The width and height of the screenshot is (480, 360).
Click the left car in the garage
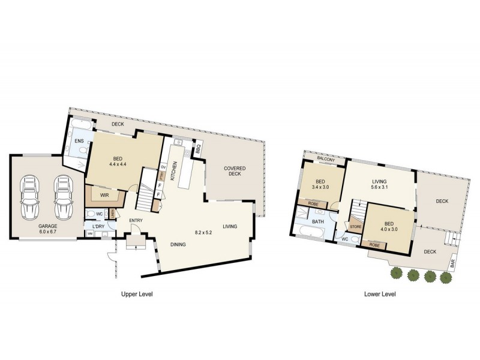[29, 198]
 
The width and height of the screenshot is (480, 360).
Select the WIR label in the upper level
[103, 196]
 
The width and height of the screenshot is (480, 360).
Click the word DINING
[177, 244]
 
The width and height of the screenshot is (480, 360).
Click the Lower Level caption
[380, 295]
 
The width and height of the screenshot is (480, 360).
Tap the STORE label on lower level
[356, 227]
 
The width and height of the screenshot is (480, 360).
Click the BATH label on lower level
[317, 222]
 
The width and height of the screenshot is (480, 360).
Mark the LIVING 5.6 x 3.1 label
[379, 184]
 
